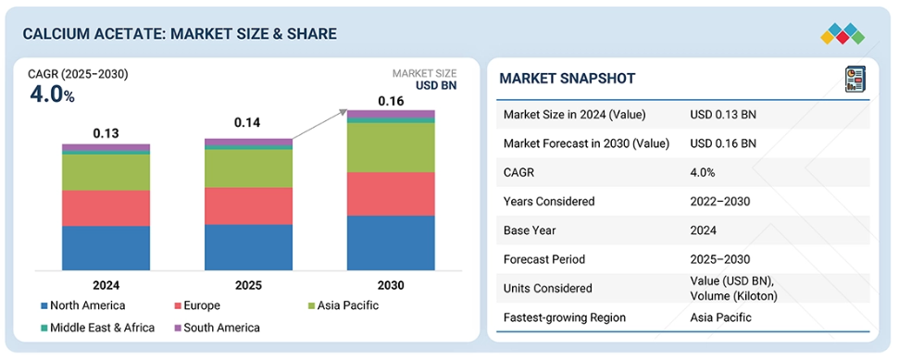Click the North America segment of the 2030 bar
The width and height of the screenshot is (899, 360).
tap(391, 242)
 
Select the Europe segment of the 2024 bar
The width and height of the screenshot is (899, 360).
tap(106, 208)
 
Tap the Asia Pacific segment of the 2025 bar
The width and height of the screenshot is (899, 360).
tap(248, 168)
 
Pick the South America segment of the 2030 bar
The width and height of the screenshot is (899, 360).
tap(391, 114)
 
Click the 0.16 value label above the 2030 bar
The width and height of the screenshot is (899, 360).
tap(391, 102)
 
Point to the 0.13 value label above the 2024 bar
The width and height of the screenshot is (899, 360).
tap(106, 134)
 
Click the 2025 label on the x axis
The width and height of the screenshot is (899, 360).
tap(248, 285)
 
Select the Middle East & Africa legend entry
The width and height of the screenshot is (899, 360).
tap(97, 328)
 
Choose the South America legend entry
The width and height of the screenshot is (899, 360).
tap(217, 328)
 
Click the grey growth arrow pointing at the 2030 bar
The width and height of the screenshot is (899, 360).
tap(320, 124)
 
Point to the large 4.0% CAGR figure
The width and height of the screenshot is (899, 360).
tap(52, 95)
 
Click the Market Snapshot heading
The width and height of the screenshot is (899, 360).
tap(567, 79)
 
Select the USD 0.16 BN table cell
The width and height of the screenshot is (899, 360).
tap(722, 143)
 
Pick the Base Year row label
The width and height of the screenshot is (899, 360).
tap(528, 230)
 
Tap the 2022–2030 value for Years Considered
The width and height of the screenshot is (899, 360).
tap(719, 202)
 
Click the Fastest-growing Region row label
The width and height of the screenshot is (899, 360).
tap(564, 317)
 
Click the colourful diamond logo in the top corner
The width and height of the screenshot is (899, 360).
tap(843, 34)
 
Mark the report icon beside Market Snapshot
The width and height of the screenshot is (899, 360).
tap(855, 79)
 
